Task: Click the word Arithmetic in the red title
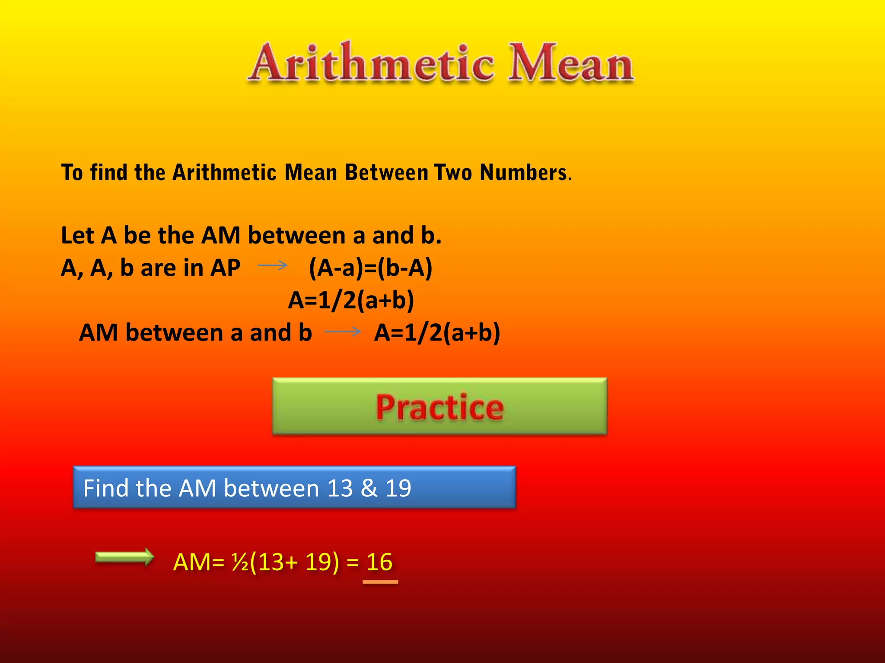[x=372, y=63]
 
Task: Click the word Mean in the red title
[x=570, y=63]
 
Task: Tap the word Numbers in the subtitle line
[x=524, y=173]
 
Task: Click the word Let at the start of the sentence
[x=78, y=236]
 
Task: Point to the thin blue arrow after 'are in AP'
[x=273, y=265]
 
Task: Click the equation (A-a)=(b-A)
[x=370, y=268]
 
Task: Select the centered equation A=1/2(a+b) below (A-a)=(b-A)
[x=351, y=300]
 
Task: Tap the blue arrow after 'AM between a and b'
[x=342, y=331]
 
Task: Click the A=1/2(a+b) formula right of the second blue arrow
[x=437, y=333]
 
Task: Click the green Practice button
[x=439, y=406]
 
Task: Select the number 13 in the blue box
[x=340, y=488]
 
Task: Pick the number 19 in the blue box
[x=398, y=488]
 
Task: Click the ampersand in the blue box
[x=369, y=488]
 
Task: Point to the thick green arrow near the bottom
[x=124, y=557]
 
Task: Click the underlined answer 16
[x=379, y=562]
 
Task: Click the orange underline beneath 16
[x=380, y=582]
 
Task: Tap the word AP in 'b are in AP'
[x=225, y=268]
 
